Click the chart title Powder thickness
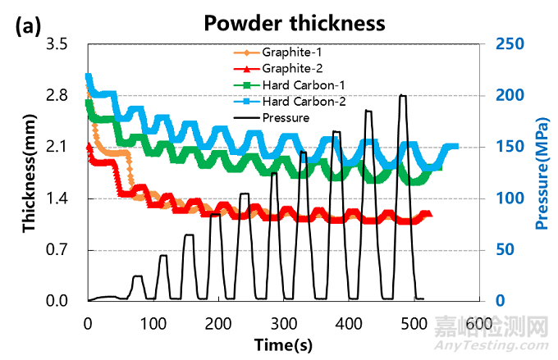tap(294, 21)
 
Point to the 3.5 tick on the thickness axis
tap(62, 43)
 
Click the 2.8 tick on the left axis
tap(62, 95)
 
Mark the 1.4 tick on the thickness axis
tap(62, 198)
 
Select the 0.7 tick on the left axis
tap(62, 250)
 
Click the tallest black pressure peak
tap(402, 96)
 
